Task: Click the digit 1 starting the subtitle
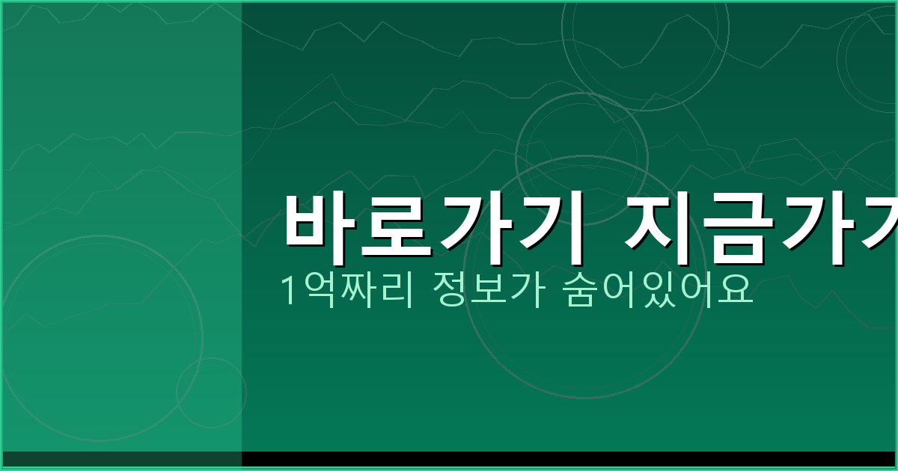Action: coord(287,290)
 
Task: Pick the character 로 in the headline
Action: coord(397,227)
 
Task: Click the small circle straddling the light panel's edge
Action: coord(211,392)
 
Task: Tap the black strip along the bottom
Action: coord(569,458)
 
